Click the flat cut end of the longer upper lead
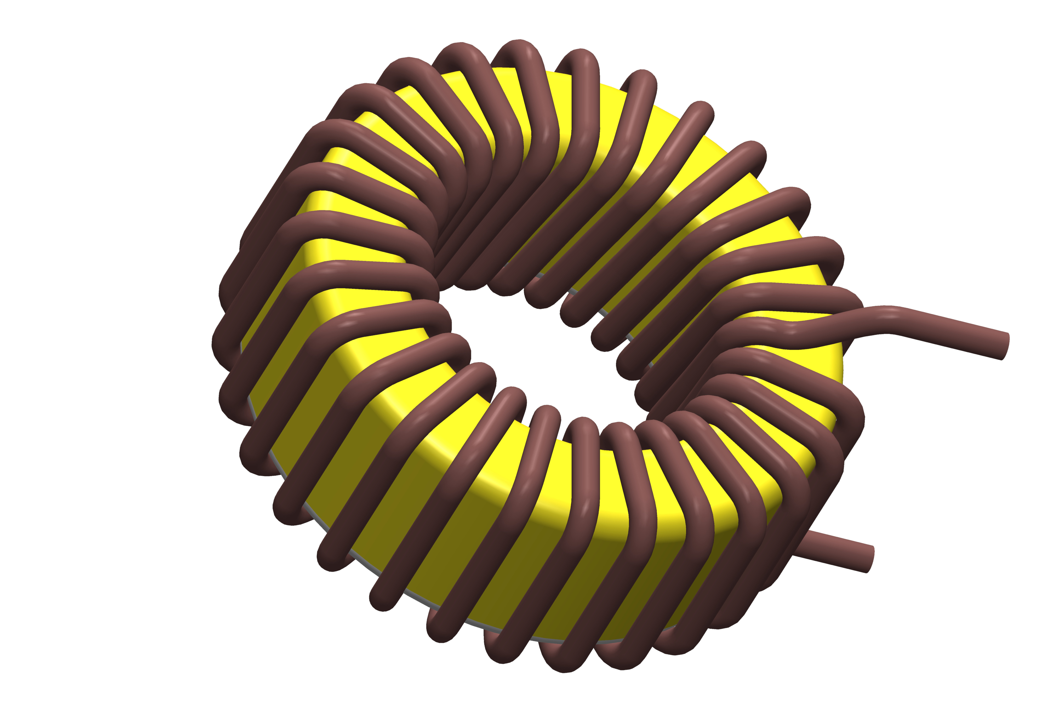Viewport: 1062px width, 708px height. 1005,346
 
